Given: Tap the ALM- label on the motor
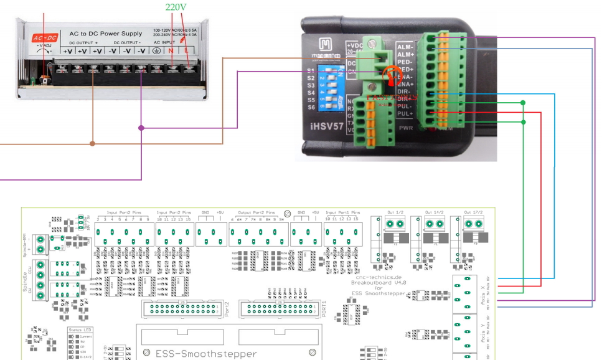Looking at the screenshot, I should click(x=405, y=47).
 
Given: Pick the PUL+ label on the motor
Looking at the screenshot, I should click(x=405, y=114).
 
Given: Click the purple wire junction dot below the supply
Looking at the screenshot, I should click(x=141, y=128).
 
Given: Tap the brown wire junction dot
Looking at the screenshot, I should click(x=93, y=143).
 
